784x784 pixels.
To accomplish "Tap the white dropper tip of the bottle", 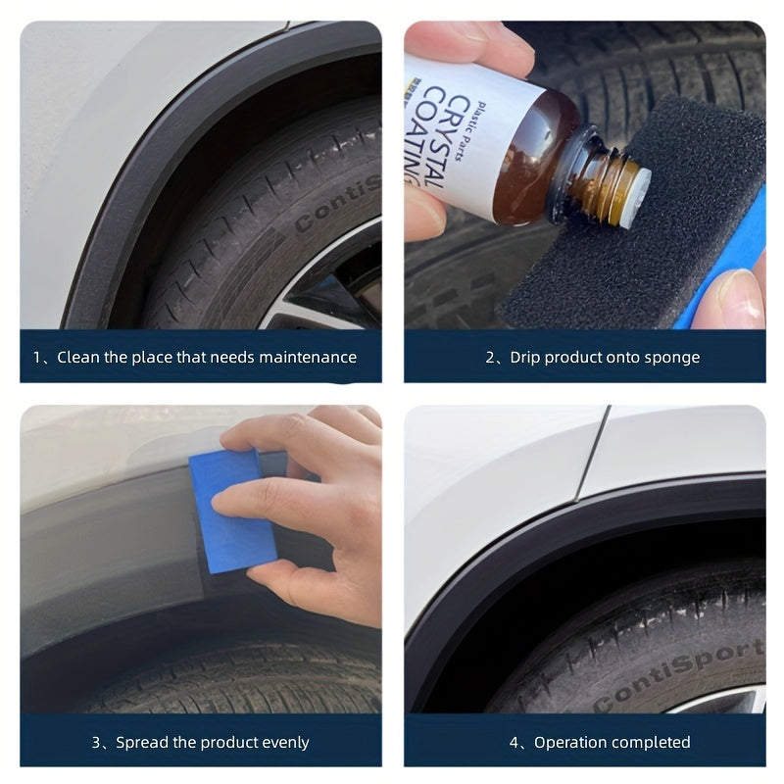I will (x=640, y=182).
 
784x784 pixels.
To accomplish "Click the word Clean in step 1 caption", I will (x=77, y=358).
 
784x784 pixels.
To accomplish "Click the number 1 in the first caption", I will (x=37, y=358).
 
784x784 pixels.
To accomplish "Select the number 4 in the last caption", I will (x=513, y=743).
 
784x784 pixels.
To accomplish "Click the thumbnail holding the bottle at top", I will (x=461, y=44).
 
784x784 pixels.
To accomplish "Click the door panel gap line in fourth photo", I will (x=593, y=451).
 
